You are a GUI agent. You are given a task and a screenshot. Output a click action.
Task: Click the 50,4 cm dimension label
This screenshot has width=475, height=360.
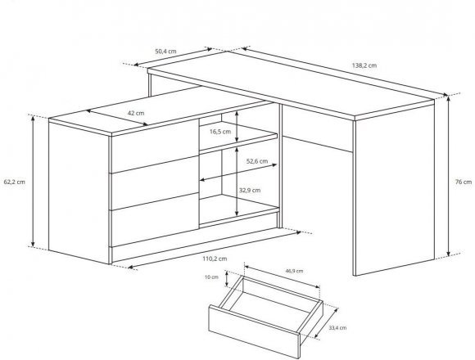(165, 51)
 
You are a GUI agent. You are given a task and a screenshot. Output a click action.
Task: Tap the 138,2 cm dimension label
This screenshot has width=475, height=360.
(364, 65)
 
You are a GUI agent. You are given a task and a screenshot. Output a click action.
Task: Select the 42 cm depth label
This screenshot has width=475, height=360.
(136, 113)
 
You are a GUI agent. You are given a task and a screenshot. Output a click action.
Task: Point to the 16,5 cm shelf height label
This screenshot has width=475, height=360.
(220, 132)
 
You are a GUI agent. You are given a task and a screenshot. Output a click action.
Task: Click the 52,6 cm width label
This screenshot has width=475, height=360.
(257, 161)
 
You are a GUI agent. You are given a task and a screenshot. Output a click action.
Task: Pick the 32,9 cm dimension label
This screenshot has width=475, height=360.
(250, 191)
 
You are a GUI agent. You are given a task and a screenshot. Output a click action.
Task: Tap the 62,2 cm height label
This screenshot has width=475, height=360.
(15, 182)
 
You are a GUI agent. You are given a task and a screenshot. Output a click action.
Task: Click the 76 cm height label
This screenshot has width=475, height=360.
(464, 182)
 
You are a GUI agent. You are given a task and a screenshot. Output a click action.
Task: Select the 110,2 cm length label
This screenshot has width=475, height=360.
(215, 259)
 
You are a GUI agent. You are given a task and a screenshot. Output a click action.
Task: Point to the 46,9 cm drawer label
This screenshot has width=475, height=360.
(294, 271)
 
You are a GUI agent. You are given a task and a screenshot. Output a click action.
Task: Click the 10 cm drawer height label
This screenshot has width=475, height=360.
(211, 277)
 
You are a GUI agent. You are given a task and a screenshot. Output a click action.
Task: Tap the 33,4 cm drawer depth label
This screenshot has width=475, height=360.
(337, 327)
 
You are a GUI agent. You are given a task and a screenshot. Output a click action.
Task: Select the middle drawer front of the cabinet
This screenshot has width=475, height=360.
(155, 183)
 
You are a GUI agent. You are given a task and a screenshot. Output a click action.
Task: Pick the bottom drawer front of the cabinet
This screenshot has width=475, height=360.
(155, 220)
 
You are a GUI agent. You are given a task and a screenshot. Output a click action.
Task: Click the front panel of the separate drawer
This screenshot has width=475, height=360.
(254, 332)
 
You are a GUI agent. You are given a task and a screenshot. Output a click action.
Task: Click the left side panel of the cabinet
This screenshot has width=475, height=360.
(79, 193)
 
